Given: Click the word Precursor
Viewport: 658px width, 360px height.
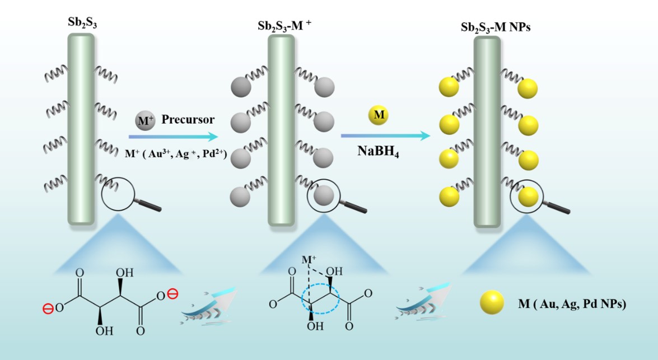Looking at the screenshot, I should point(188,119).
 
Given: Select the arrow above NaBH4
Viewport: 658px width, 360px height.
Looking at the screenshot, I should point(386,135).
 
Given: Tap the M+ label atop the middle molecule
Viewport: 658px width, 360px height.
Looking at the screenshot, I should point(309,261).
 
